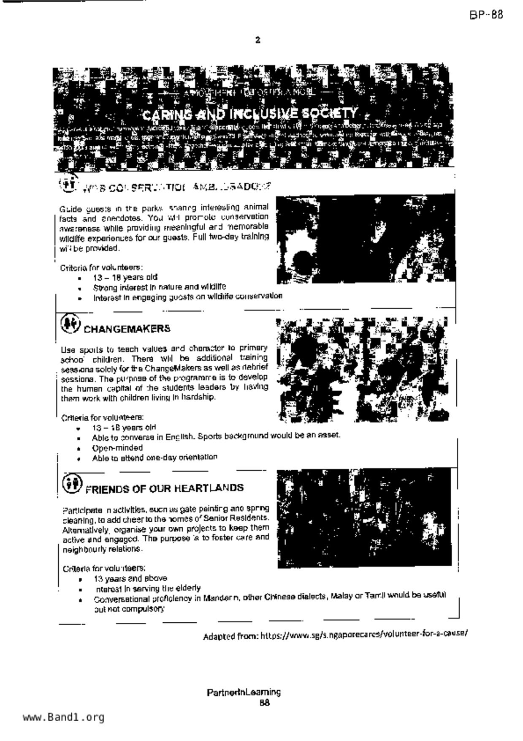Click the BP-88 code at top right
(486, 15)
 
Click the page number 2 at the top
(257, 40)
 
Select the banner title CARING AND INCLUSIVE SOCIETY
(250, 114)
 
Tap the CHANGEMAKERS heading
(127, 329)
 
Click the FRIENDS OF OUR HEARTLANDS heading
(165, 488)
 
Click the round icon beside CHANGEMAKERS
(70, 324)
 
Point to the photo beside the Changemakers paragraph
(363, 370)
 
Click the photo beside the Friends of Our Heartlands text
(364, 518)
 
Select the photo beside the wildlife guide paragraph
(366, 239)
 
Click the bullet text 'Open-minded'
(117, 448)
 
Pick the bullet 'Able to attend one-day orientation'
(154, 458)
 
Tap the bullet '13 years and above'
(130, 578)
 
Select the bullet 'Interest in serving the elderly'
(147, 588)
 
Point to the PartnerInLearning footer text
(244, 692)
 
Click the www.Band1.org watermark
(64, 717)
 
